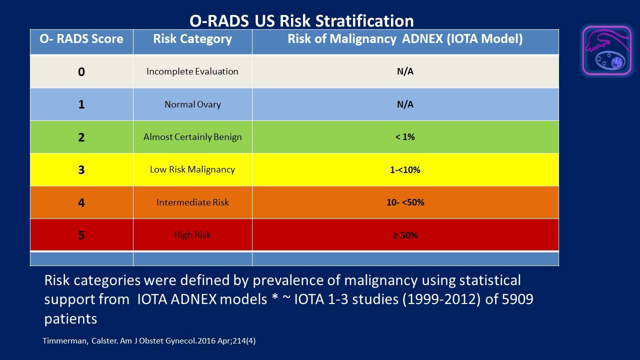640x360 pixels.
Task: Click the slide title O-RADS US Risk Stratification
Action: tap(301, 21)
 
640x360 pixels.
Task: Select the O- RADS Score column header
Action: tap(81, 39)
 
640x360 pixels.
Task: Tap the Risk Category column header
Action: tap(192, 39)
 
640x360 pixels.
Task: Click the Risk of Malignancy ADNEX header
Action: tap(405, 39)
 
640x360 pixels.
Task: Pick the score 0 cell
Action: tap(81, 71)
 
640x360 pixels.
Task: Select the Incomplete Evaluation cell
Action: tap(192, 71)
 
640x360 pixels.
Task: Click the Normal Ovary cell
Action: tap(192, 104)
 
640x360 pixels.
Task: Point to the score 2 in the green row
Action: tap(81, 137)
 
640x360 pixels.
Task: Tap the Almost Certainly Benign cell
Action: tap(192, 137)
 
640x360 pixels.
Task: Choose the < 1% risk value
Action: tap(405, 137)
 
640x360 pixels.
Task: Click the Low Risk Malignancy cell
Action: tap(192, 169)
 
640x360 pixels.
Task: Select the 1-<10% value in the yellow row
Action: tap(405, 170)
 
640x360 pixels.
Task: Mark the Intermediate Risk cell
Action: tap(192, 202)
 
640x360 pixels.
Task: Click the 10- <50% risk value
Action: tap(405, 202)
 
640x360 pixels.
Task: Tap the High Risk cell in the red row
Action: tap(192, 235)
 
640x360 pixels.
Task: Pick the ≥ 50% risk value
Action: tap(405, 235)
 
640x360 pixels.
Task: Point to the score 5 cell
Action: tap(81, 235)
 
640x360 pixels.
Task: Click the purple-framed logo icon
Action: tap(606, 51)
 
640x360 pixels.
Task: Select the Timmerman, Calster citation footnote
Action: tap(150, 341)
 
